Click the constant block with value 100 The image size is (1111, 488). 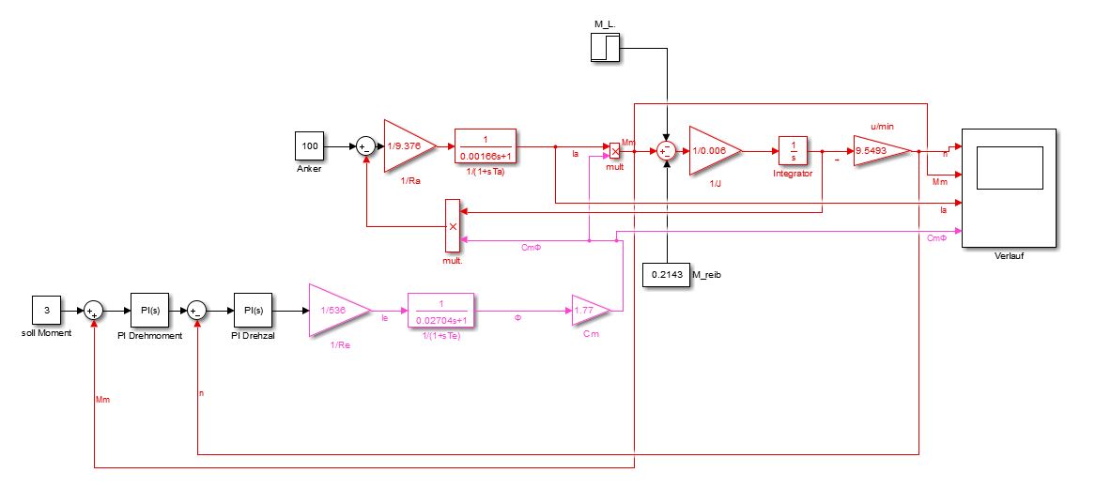tap(310, 146)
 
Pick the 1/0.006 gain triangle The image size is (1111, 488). tap(713, 149)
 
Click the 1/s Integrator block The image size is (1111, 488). tap(794, 150)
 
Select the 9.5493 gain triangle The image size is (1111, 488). tap(880, 150)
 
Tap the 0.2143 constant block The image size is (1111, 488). tap(665, 274)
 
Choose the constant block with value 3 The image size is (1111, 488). tap(47, 310)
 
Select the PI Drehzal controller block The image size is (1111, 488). tap(252, 310)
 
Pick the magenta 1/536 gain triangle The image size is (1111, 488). tap(334, 310)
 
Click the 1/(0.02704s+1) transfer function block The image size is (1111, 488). tap(440, 309)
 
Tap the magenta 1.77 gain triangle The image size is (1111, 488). tap(591, 310)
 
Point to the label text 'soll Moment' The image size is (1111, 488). tap(46, 333)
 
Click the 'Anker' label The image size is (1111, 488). tap(309, 170)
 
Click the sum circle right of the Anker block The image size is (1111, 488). tap(364, 146)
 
